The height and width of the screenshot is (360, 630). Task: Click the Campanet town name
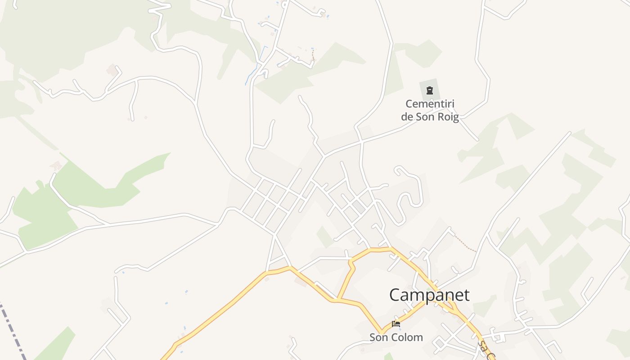[429, 295]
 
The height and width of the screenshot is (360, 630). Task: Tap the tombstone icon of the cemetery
[430, 90]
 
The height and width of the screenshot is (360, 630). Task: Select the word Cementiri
[430, 104]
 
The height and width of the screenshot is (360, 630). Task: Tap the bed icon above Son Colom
[396, 324]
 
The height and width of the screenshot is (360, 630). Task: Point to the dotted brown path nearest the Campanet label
[465, 243]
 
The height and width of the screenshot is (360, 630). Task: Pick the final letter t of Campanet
[466, 295]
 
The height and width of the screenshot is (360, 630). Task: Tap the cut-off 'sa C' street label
[485, 350]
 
